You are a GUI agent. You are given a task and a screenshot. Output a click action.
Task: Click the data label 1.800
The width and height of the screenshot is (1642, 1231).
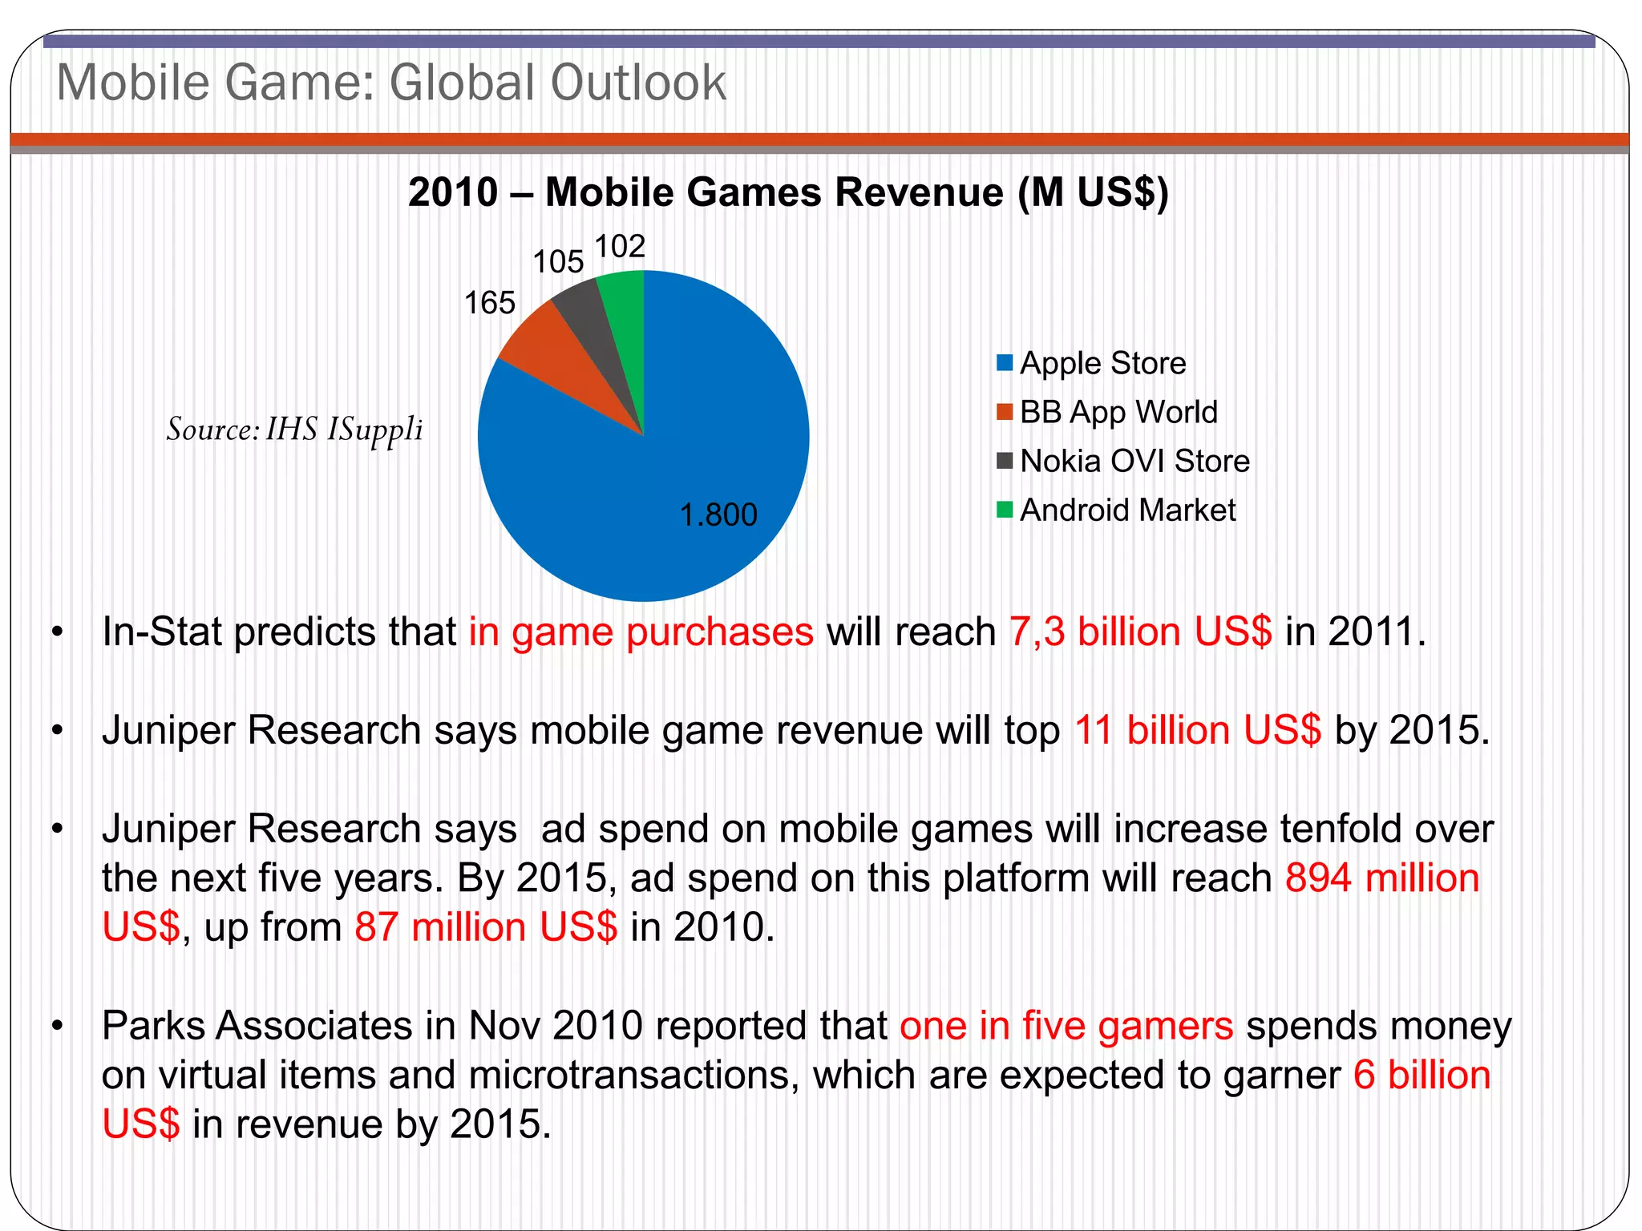click(718, 515)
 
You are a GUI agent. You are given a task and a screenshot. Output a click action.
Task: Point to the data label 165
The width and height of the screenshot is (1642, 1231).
click(490, 304)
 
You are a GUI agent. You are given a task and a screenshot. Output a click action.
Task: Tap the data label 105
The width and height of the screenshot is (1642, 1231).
click(558, 262)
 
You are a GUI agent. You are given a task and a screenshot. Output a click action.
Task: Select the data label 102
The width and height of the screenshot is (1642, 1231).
click(620, 246)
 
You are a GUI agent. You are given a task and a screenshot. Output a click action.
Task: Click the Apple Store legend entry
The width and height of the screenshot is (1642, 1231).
click(1102, 363)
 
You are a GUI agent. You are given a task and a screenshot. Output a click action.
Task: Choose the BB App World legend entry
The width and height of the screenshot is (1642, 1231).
click(1118, 412)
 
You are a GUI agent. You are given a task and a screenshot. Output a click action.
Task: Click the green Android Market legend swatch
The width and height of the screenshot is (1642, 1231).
click(1005, 510)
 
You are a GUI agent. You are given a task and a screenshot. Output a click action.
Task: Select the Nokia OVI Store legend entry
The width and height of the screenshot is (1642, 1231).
click(1134, 461)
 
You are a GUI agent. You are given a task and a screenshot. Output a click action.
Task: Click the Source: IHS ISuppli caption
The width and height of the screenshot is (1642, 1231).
click(294, 430)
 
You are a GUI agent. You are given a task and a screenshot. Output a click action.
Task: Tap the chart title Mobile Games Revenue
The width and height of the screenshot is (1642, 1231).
click(788, 192)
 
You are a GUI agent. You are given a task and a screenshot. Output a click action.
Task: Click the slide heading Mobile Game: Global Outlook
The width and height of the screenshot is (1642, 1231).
click(391, 83)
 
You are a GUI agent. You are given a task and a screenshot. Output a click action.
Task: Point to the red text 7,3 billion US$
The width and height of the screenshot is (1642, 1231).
click(1140, 632)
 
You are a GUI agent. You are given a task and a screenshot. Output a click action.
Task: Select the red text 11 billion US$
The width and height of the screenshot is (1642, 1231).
click(1197, 730)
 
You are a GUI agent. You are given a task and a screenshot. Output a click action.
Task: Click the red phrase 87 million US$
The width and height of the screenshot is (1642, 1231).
click(486, 927)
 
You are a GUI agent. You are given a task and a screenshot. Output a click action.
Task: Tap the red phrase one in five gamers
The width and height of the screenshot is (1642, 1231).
click(1066, 1026)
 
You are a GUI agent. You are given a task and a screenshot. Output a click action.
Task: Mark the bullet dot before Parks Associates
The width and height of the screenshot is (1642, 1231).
click(57, 1026)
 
